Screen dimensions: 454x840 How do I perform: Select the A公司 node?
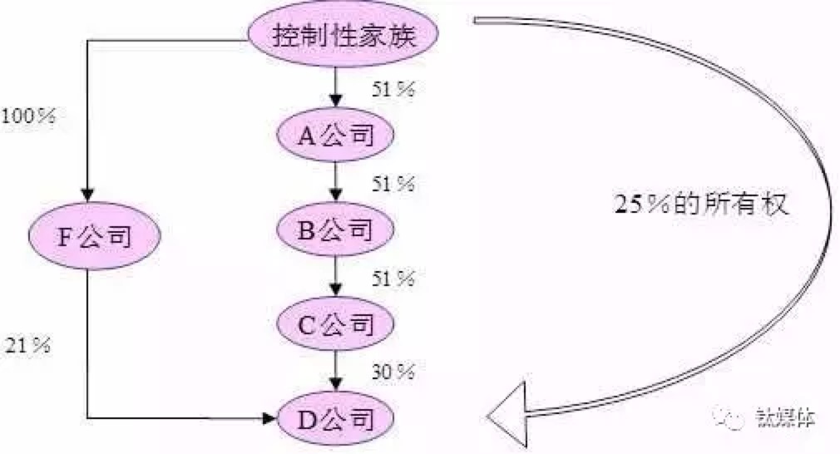point(335,135)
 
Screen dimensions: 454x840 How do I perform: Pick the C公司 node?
point(335,323)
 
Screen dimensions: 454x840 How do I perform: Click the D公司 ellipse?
point(335,417)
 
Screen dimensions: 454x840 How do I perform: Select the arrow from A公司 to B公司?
point(335,181)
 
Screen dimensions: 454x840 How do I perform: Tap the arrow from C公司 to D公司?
point(335,370)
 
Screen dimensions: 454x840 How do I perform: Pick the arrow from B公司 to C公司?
point(335,276)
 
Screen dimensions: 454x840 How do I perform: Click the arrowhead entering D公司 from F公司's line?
point(268,417)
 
